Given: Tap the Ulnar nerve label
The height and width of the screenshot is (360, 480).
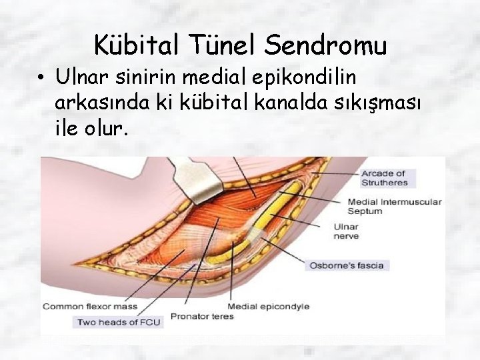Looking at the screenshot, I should pyautogui.click(x=345, y=231).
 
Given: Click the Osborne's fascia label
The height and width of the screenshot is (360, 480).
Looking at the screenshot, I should pyautogui.click(x=345, y=265).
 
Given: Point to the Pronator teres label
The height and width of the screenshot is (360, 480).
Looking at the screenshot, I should pyautogui.click(x=202, y=316).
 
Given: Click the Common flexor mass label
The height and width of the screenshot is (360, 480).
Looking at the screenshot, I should pyautogui.click(x=89, y=307).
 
